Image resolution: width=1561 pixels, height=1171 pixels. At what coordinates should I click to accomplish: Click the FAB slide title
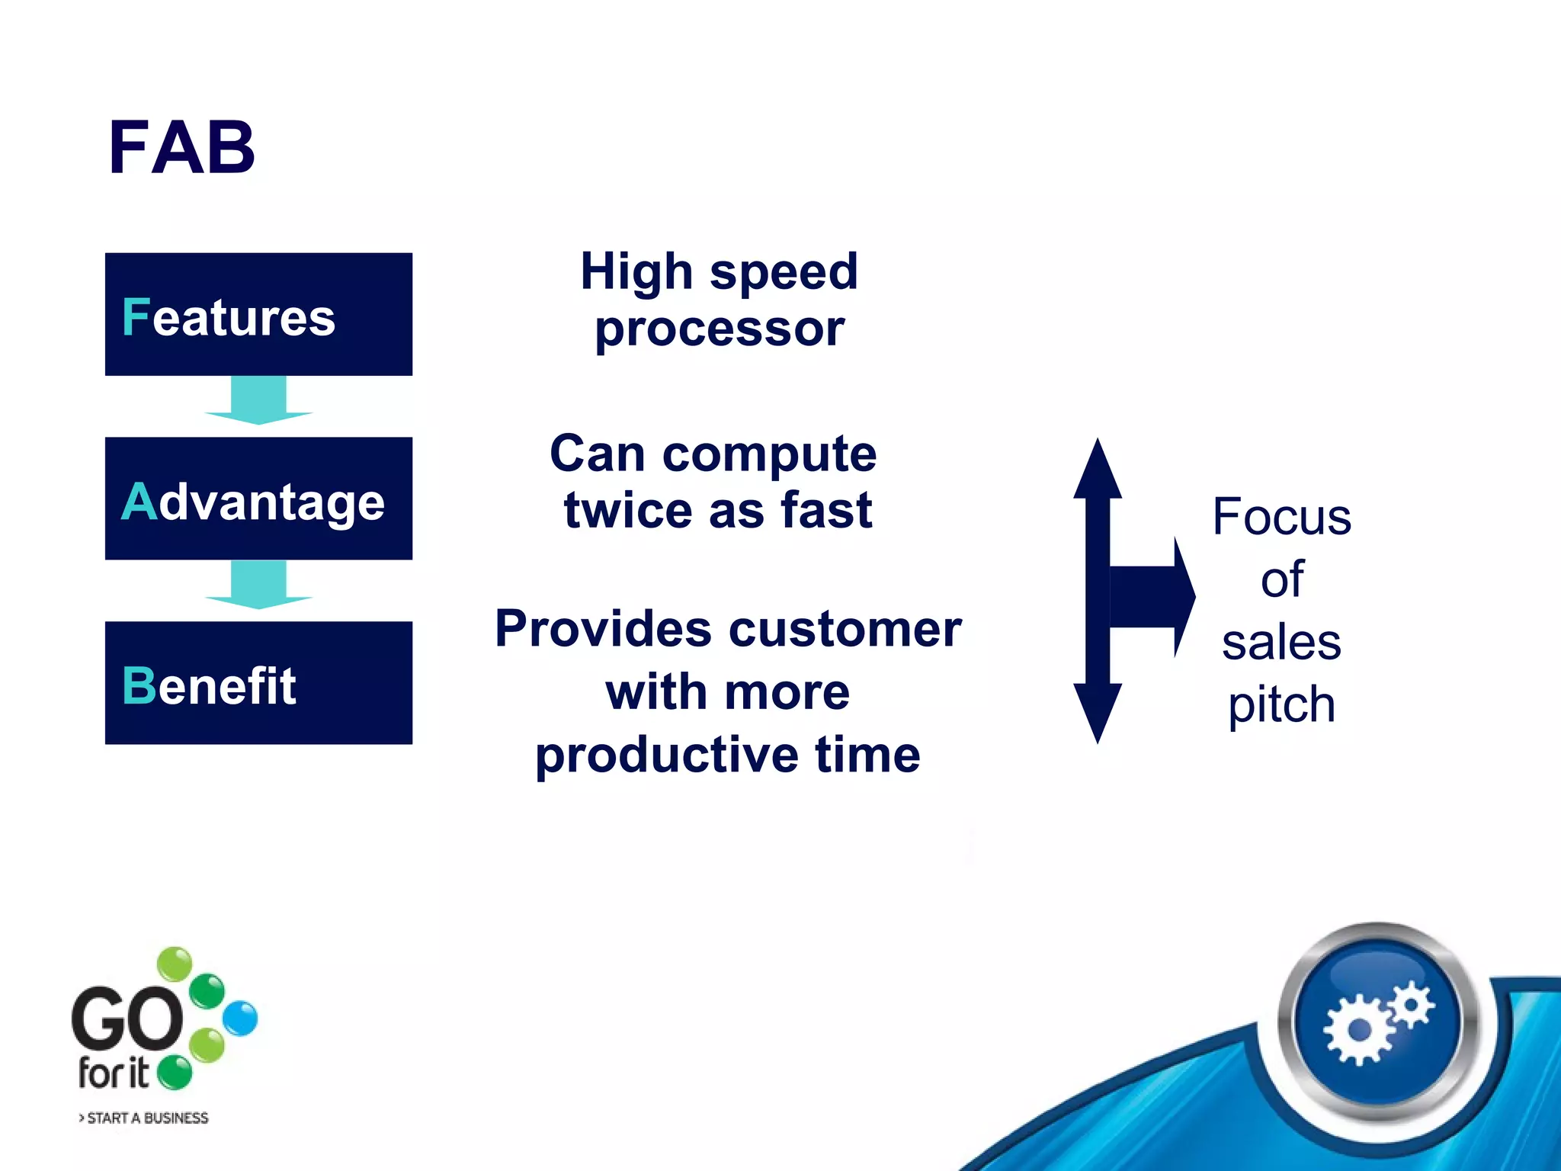(181, 148)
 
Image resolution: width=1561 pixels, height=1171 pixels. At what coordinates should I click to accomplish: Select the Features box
(258, 314)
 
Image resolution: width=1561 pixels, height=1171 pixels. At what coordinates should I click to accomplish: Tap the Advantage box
(258, 499)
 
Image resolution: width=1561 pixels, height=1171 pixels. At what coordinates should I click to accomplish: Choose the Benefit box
(258, 683)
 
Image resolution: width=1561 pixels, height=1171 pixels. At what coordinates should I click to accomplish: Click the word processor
(720, 329)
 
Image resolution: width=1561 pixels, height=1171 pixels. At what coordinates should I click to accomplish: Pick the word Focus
(1281, 517)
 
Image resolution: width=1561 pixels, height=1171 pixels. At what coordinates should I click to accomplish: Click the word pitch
(1281, 704)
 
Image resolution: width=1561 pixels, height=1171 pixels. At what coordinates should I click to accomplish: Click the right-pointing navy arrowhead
(1184, 597)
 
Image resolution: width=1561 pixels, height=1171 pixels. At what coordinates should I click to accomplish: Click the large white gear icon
(1358, 1031)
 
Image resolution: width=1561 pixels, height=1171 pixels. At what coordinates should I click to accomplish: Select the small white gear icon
(1411, 1005)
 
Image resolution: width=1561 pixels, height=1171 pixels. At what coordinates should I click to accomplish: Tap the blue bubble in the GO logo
(241, 1019)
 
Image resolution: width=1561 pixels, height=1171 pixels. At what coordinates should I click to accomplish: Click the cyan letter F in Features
(136, 317)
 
